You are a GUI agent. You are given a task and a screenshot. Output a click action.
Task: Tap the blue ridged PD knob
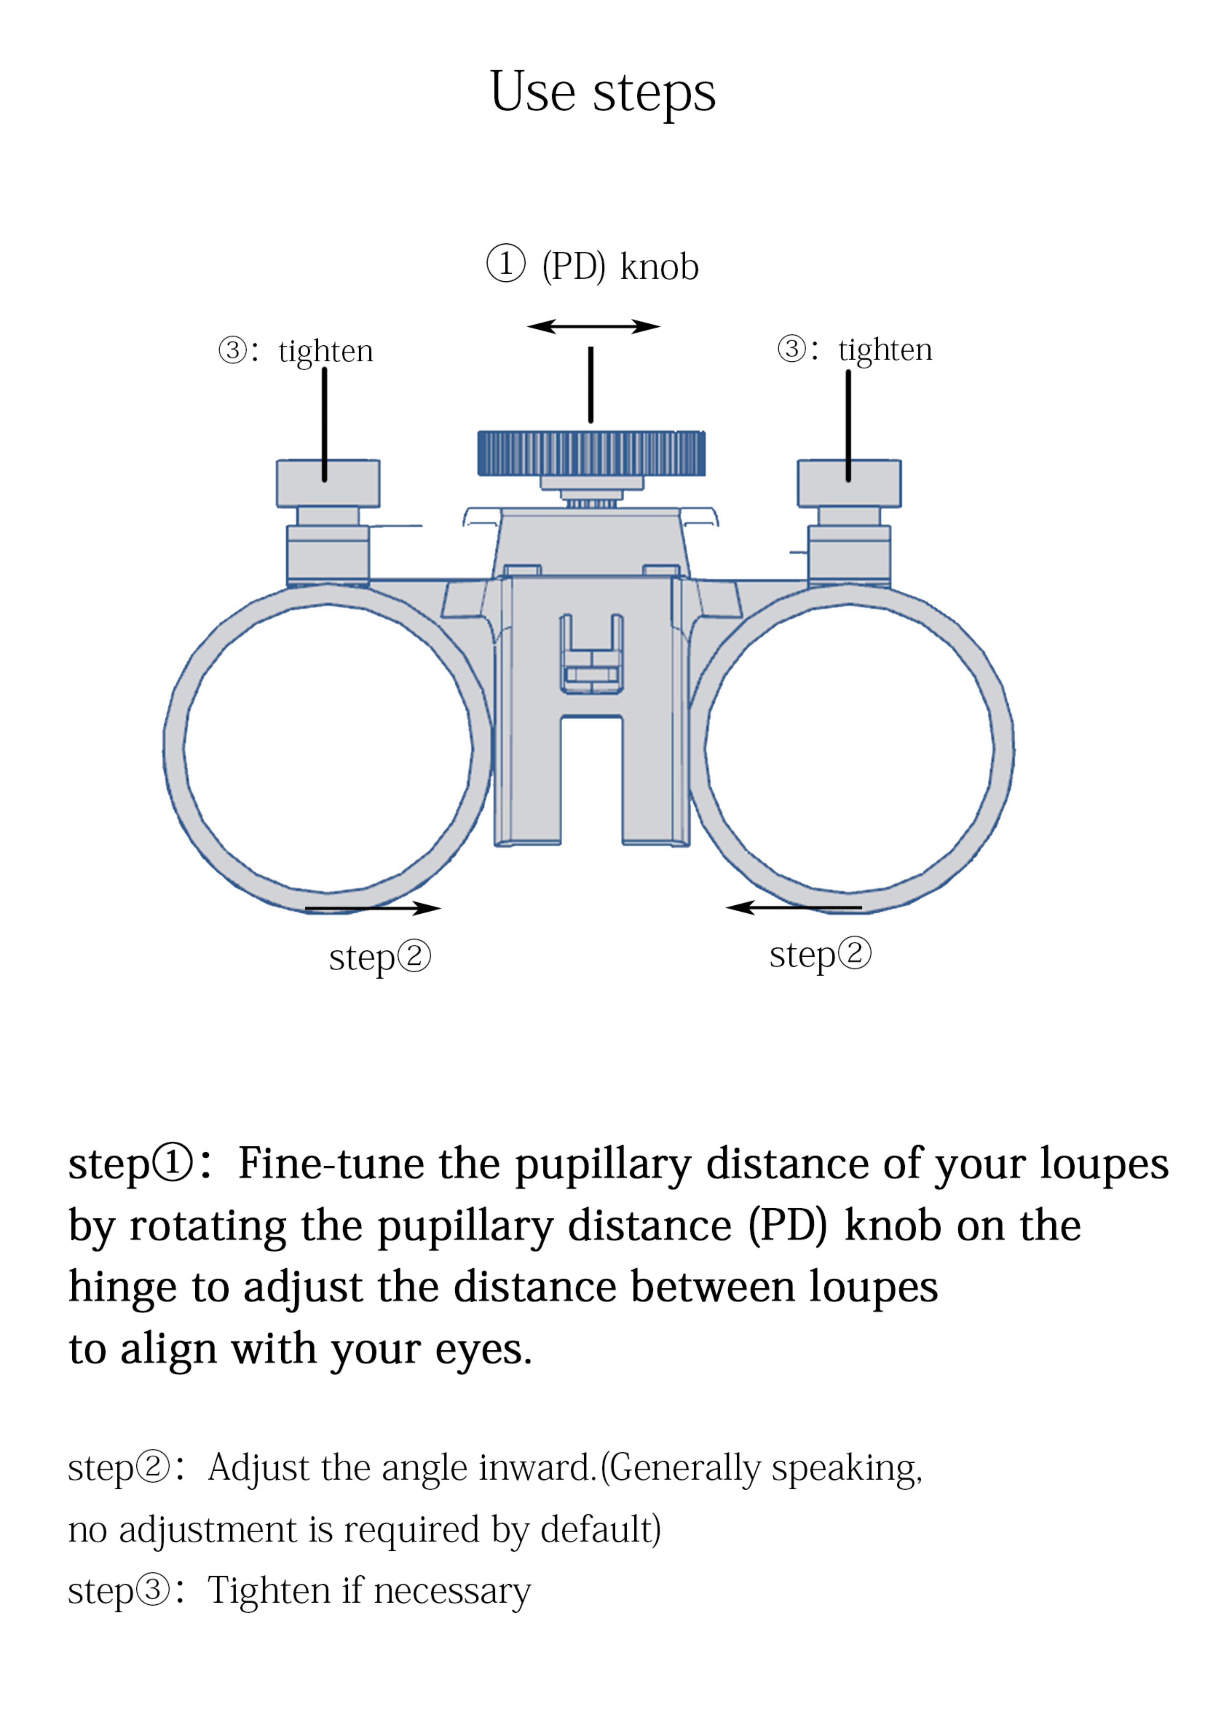(x=591, y=453)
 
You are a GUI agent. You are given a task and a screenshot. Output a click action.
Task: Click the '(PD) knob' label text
(x=620, y=267)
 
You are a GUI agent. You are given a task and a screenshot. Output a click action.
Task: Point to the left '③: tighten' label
(x=296, y=351)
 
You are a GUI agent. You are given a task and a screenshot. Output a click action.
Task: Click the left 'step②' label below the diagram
(x=380, y=957)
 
